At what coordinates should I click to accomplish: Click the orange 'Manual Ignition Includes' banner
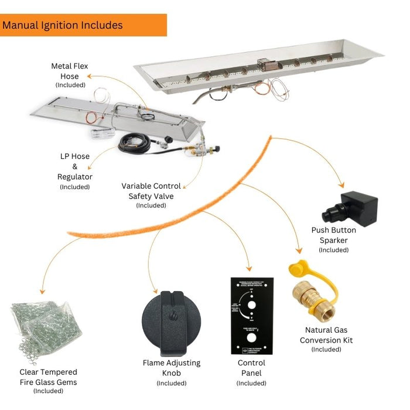(x=83, y=25)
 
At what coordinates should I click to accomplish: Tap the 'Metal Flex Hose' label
(x=69, y=71)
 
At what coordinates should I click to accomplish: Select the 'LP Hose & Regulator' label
(x=74, y=166)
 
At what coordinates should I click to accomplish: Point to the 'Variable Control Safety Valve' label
(x=151, y=191)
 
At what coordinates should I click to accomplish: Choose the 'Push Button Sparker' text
(x=333, y=235)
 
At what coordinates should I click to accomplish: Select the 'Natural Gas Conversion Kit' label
(x=326, y=335)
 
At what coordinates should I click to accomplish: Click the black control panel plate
(x=251, y=316)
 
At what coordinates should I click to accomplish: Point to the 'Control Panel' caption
(x=251, y=368)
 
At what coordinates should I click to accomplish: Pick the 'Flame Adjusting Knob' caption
(x=171, y=368)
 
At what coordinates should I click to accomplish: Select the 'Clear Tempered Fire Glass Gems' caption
(x=48, y=377)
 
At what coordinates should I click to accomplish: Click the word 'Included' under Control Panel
(x=251, y=383)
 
